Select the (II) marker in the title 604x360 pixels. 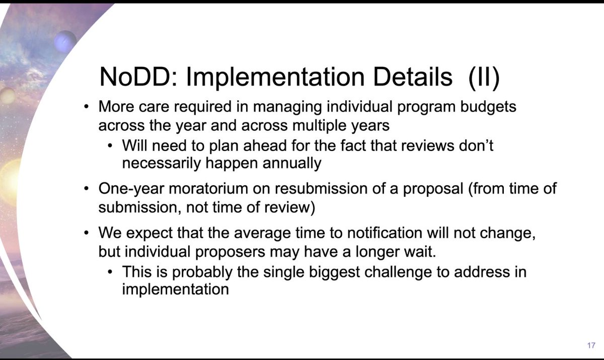483,77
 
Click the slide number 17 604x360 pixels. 591,346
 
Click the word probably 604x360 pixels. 198,272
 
